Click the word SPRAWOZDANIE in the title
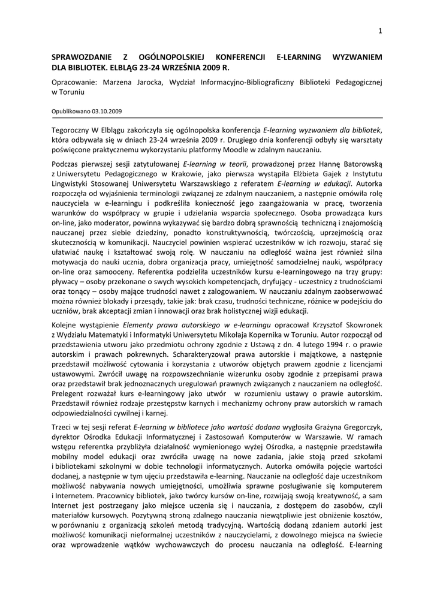click(82, 57)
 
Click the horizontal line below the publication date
click(217, 118)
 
